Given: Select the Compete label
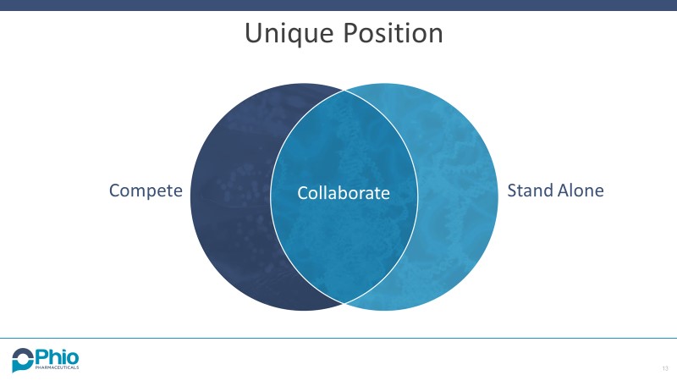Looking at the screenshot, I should [146, 190].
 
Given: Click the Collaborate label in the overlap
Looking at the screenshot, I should [344, 193].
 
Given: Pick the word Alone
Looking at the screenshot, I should [581, 190].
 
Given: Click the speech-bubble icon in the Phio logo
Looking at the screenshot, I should [21, 359].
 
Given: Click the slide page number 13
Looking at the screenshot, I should [665, 369].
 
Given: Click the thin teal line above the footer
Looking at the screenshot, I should [338, 338].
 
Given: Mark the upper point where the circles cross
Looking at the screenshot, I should [344, 89].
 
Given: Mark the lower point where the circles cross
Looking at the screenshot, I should [344, 302].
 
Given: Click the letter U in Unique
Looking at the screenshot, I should [253, 34].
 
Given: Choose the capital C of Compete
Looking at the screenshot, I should [114, 190].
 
